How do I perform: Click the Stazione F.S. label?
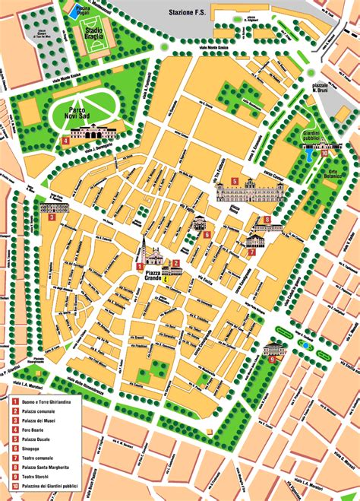(x=191, y=14)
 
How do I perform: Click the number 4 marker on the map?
(x=66, y=141)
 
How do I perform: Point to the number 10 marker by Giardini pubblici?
(x=325, y=153)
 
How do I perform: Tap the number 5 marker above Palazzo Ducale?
(x=235, y=182)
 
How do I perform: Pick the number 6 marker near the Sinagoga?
(x=207, y=235)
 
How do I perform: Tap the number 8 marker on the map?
(x=267, y=220)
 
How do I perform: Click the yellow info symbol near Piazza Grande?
(x=168, y=279)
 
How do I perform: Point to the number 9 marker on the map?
(x=272, y=359)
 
